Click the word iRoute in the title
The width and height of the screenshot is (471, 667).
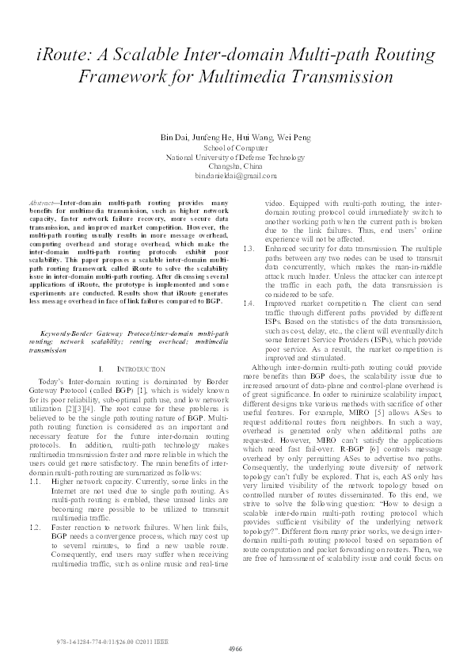click(x=67, y=55)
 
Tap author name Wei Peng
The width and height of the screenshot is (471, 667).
click(x=294, y=137)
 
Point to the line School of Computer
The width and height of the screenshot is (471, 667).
click(x=235, y=147)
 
